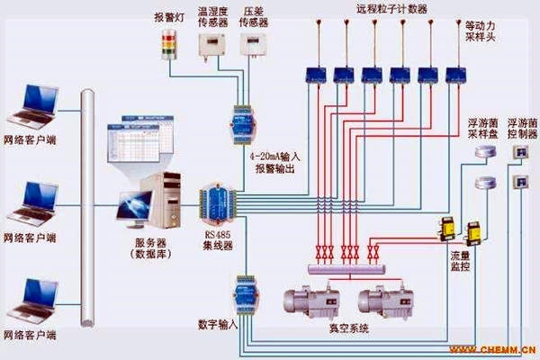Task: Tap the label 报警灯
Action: (x=167, y=16)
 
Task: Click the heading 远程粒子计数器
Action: (x=392, y=9)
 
